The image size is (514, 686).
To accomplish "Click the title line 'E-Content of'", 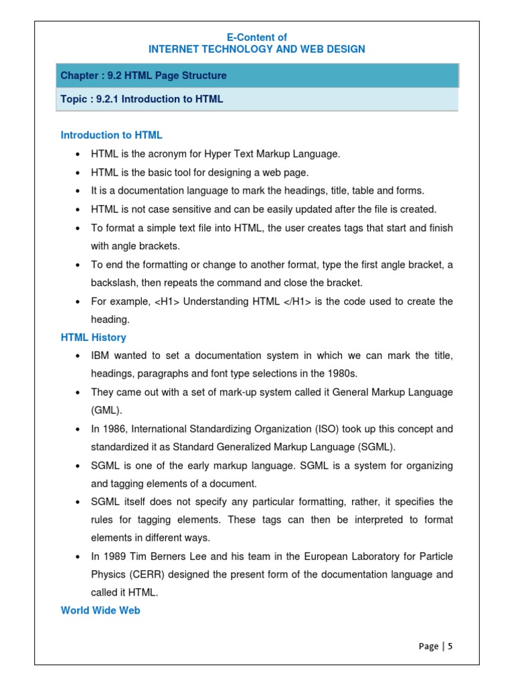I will click(x=256, y=38).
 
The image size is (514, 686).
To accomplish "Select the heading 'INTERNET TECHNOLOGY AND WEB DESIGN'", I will click(x=256, y=50).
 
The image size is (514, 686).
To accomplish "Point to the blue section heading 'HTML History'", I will click(x=93, y=338).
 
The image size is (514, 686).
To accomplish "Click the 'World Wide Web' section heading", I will click(x=100, y=610).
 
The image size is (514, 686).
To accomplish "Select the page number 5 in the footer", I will click(x=450, y=646).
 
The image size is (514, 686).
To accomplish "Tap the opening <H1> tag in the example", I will click(x=167, y=301).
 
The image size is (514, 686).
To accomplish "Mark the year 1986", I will click(x=115, y=429).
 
